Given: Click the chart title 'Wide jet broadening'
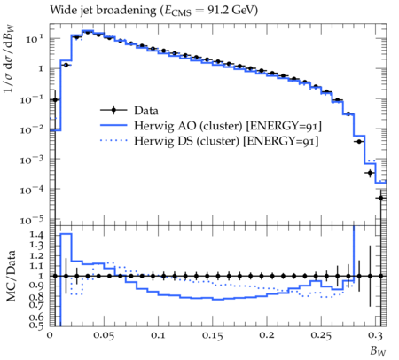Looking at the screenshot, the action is pyautogui.click(x=103, y=11).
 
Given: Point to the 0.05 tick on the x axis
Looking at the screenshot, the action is pyautogui.click(x=104, y=336).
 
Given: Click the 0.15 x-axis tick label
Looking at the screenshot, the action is pyautogui.click(x=212, y=336).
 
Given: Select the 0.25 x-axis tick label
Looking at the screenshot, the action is pyautogui.click(x=321, y=336).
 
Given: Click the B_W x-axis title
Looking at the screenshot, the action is pyautogui.click(x=378, y=351).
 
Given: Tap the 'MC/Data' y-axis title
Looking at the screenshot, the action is pyautogui.click(x=11, y=276).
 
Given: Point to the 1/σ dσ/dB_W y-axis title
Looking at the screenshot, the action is pyautogui.click(x=9, y=59).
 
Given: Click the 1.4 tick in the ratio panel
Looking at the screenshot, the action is pyautogui.click(x=36, y=236).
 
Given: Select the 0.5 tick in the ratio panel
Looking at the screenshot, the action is pyautogui.click(x=36, y=325).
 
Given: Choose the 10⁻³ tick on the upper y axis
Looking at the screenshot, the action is pyautogui.click(x=32, y=160).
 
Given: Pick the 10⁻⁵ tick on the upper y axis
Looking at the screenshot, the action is pyautogui.click(x=32, y=220).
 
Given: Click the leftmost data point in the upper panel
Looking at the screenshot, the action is pyautogui.click(x=55, y=100).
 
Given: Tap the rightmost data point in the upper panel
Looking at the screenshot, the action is pyautogui.click(x=381, y=198).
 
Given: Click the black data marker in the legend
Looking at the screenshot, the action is pyautogui.click(x=113, y=111).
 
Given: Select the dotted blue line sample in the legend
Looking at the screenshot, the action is pyautogui.click(x=113, y=141).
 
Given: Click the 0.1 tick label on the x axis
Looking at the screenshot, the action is pyautogui.click(x=158, y=336).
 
